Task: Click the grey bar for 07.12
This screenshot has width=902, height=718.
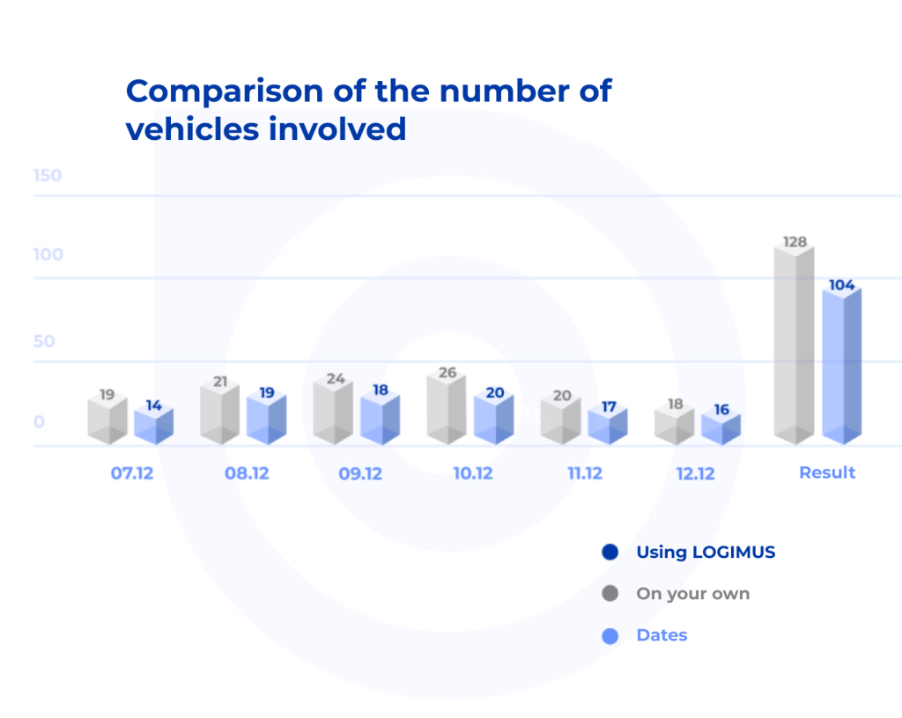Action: click(107, 421)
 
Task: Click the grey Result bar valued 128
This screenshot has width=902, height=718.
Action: click(793, 348)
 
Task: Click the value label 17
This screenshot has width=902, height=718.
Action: click(609, 407)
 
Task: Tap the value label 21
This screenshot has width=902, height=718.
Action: click(220, 382)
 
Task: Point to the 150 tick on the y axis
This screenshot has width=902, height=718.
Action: click(48, 176)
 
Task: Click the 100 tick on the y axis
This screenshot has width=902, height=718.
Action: click(48, 255)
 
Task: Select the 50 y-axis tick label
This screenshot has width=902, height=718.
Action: click(44, 341)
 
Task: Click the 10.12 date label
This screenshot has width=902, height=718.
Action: click(473, 473)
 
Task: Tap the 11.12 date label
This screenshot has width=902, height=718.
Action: click(584, 473)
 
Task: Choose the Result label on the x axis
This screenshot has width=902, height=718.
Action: click(827, 473)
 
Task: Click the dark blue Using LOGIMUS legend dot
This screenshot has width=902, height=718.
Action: click(610, 553)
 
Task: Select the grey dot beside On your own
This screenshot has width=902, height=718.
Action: click(610, 594)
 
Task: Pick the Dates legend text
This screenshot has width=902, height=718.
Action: click(662, 635)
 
